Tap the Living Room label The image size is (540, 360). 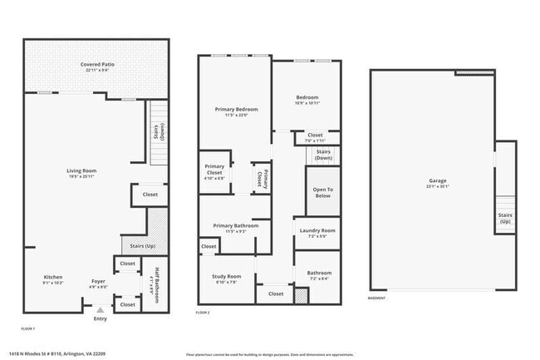[x=82, y=171]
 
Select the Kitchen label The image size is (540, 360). [x=53, y=278]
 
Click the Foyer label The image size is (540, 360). [x=98, y=282]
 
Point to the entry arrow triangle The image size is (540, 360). [x=101, y=309]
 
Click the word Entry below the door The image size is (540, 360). [x=101, y=318]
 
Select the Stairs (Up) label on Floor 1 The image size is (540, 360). [x=138, y=246]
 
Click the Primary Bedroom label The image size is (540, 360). [x=236, y=110]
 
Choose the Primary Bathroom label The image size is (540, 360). [x=235, y=225]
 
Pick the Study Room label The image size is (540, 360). [x=227, y=276]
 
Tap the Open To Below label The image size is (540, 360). [x=322, y=192]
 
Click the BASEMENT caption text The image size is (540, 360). [x=376, y=298]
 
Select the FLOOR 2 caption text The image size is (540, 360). [x=204, y=312]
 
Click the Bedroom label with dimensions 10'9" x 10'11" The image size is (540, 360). [x=307, y=97]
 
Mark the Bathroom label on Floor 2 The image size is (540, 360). [x=319, y=273]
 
